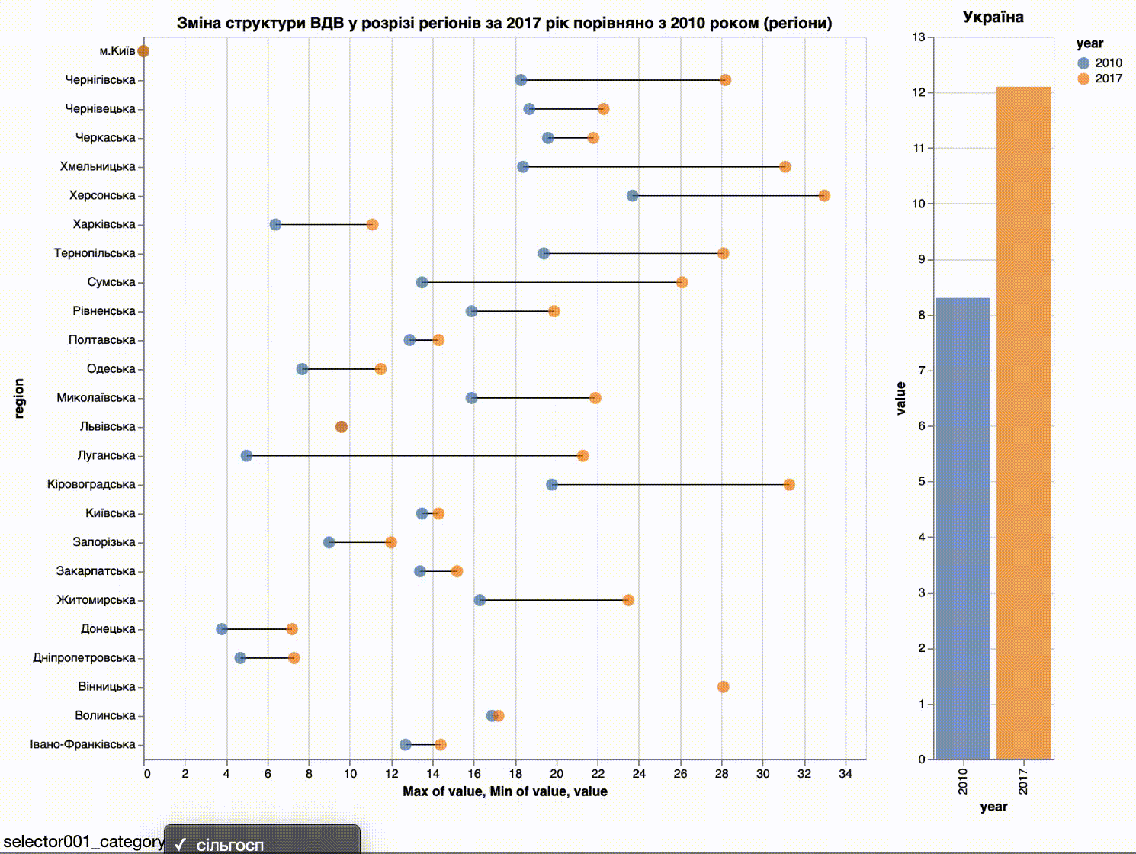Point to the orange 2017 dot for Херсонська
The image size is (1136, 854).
tap(824, 196)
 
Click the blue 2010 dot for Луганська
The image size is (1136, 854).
tap(246, 456)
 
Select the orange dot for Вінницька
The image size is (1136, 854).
tap(723, 687)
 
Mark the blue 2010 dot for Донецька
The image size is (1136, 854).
tap(222, 629)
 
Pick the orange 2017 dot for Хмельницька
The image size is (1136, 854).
tap(785, 167)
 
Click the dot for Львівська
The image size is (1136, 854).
tap(342, 427)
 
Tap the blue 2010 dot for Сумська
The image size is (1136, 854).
tap(422, 283)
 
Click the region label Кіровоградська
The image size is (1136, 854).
tap(91, 485)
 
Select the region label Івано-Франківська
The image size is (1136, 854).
tap(82, 745)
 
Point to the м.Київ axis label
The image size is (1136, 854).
tap(117, 51)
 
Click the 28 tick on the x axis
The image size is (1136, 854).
tap(721, 773)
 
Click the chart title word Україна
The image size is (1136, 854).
tap(993, 18)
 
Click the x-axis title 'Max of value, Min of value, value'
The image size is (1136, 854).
tap(505, 791)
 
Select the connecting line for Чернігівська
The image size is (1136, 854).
tap(623, 80)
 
